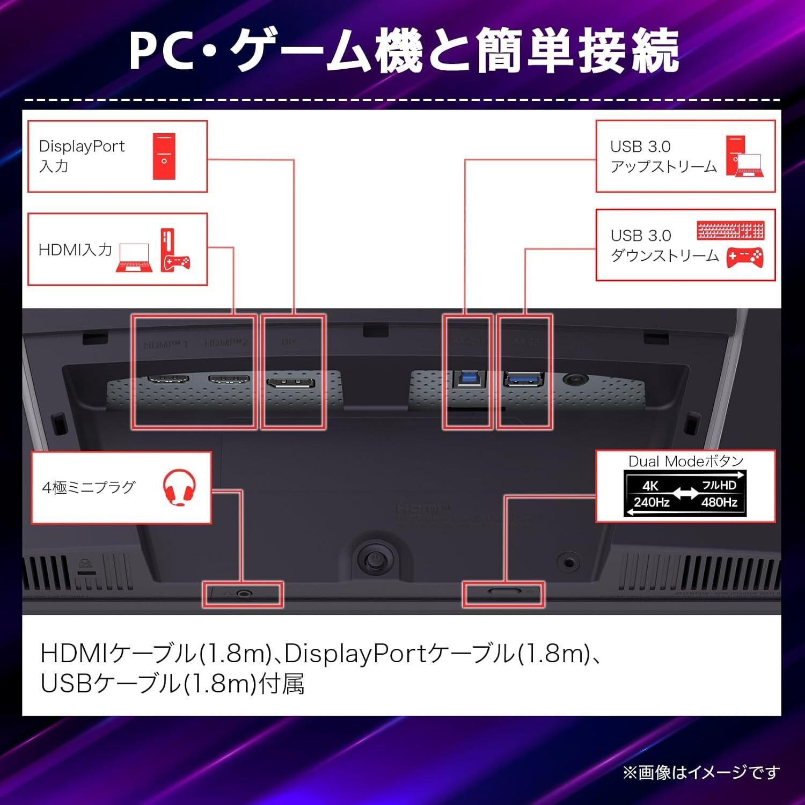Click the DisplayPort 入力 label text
point(82,156)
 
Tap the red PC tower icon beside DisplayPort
point(164,156)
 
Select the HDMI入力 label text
point(75,250)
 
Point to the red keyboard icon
point(730,231)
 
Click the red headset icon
point(179,487)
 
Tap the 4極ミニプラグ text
point(89,487)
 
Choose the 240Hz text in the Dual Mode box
point(652,502)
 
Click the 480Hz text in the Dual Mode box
point(719,502)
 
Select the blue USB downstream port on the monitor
point(523,380)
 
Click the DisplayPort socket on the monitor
point(291,384)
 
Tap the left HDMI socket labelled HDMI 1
point(168,379)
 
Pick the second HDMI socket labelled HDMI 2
point(229,379)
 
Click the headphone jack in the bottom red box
point(245,594)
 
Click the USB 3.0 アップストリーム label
point(663,156)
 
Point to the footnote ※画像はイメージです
point(701,772)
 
